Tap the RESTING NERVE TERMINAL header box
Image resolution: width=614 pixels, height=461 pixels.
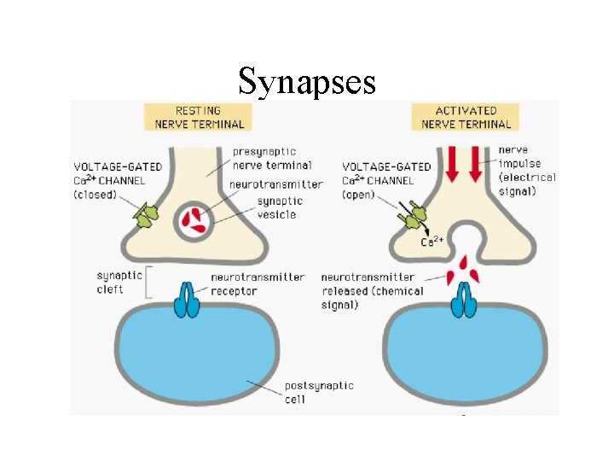pyautogui.click(x=198, y=117)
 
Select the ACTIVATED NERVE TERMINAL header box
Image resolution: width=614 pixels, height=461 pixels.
pyautogui.click(x=466, y=117)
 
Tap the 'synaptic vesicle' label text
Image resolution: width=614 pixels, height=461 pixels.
pyautogui.click(x=276, y=208)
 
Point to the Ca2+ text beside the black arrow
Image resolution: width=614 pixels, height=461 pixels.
pyautogui.click(x=432, y=242)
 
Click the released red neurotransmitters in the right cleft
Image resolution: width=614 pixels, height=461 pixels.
pyautogui.click(x=465, y=270)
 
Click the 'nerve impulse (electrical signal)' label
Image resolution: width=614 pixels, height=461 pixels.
pyautogui.click(x=526, y=171)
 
